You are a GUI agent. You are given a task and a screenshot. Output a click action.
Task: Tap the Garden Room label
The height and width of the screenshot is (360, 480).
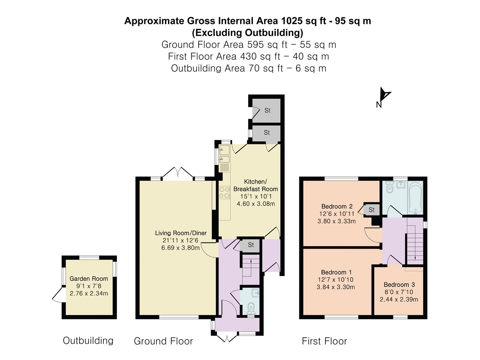[x=89, y=279]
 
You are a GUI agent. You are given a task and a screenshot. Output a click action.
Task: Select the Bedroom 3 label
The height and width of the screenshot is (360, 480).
[x=399, y=285]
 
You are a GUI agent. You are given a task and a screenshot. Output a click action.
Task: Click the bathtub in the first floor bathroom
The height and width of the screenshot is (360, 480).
[x=416, y=198]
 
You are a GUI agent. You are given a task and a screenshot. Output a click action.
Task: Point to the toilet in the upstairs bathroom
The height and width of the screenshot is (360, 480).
[x=389, y=188]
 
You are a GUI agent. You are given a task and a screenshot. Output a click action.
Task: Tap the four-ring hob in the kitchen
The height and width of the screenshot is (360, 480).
[x=225, y=192]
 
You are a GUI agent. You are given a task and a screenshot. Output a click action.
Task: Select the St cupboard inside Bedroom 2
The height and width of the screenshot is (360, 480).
[x=371, y=210]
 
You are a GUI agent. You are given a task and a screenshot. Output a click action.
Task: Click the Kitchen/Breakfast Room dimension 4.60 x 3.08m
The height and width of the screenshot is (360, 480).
[x=256, y=204]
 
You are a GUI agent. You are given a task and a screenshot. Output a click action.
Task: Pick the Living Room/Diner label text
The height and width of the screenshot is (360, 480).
[x=181, y=233]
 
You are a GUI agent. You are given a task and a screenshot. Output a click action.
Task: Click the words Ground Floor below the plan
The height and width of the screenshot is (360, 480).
[x=163, y=341]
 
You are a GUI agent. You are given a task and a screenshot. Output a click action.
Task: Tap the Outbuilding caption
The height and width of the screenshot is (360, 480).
[x=88, y=341]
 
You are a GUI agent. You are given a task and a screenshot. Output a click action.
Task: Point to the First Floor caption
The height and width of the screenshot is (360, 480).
[x=325, y=341]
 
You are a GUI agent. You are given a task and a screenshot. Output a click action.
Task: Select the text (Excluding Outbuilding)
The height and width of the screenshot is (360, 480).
[x=248, y=33]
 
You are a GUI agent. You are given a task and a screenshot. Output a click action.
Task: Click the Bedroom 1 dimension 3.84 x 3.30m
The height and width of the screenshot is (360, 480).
[x=336, y=287]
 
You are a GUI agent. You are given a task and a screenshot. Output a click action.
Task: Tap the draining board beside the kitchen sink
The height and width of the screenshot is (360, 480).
[x=225, y=168]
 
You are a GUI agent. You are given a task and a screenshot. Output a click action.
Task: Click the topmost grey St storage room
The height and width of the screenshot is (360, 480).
[x=266, y=110]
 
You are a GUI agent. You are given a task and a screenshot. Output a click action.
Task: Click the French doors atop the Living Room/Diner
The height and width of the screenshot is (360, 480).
[x=178, y=174]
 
